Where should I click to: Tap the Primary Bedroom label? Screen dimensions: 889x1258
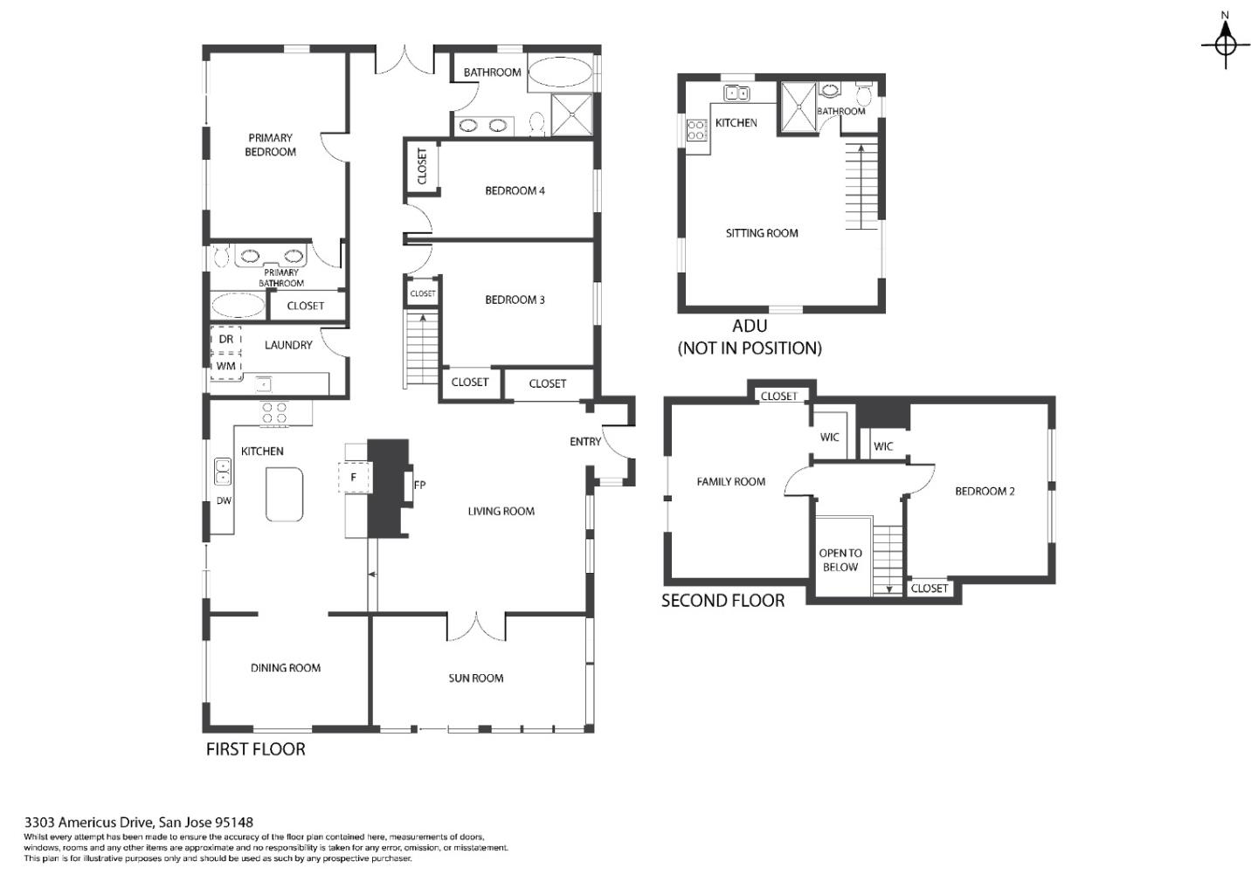(x=270, y=145)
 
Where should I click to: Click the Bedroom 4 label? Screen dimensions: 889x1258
(x=515, y=190)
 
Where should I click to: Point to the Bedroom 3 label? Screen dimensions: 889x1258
(x=515, y=300)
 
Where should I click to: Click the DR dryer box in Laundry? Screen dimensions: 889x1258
(x=225, y=339)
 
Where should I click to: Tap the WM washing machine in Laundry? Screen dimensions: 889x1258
(x=225, y=366)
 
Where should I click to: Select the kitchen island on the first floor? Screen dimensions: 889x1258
(x=284, y=494)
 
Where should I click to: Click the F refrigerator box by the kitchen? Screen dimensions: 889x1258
(x=354, y=478)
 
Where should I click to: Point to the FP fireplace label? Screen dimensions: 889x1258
(x=419, y=485)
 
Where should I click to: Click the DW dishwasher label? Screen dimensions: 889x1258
(x=224, y=500)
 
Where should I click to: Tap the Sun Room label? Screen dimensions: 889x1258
(x=475, y=678)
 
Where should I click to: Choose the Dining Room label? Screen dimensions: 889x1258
(x=286, y=668)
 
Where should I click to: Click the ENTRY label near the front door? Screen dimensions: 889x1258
(x=584, y=441)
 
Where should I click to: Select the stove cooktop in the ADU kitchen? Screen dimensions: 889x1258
(x=696, y=130)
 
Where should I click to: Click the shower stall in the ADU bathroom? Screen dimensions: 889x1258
(x=797, y=105)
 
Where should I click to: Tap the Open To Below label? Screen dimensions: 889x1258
(x=840, y=560)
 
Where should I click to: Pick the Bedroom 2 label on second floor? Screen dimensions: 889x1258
(x=985, y=491)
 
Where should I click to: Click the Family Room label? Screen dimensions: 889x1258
(x=730, y=481)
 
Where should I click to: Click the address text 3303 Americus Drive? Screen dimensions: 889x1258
(x=139, y=822)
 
